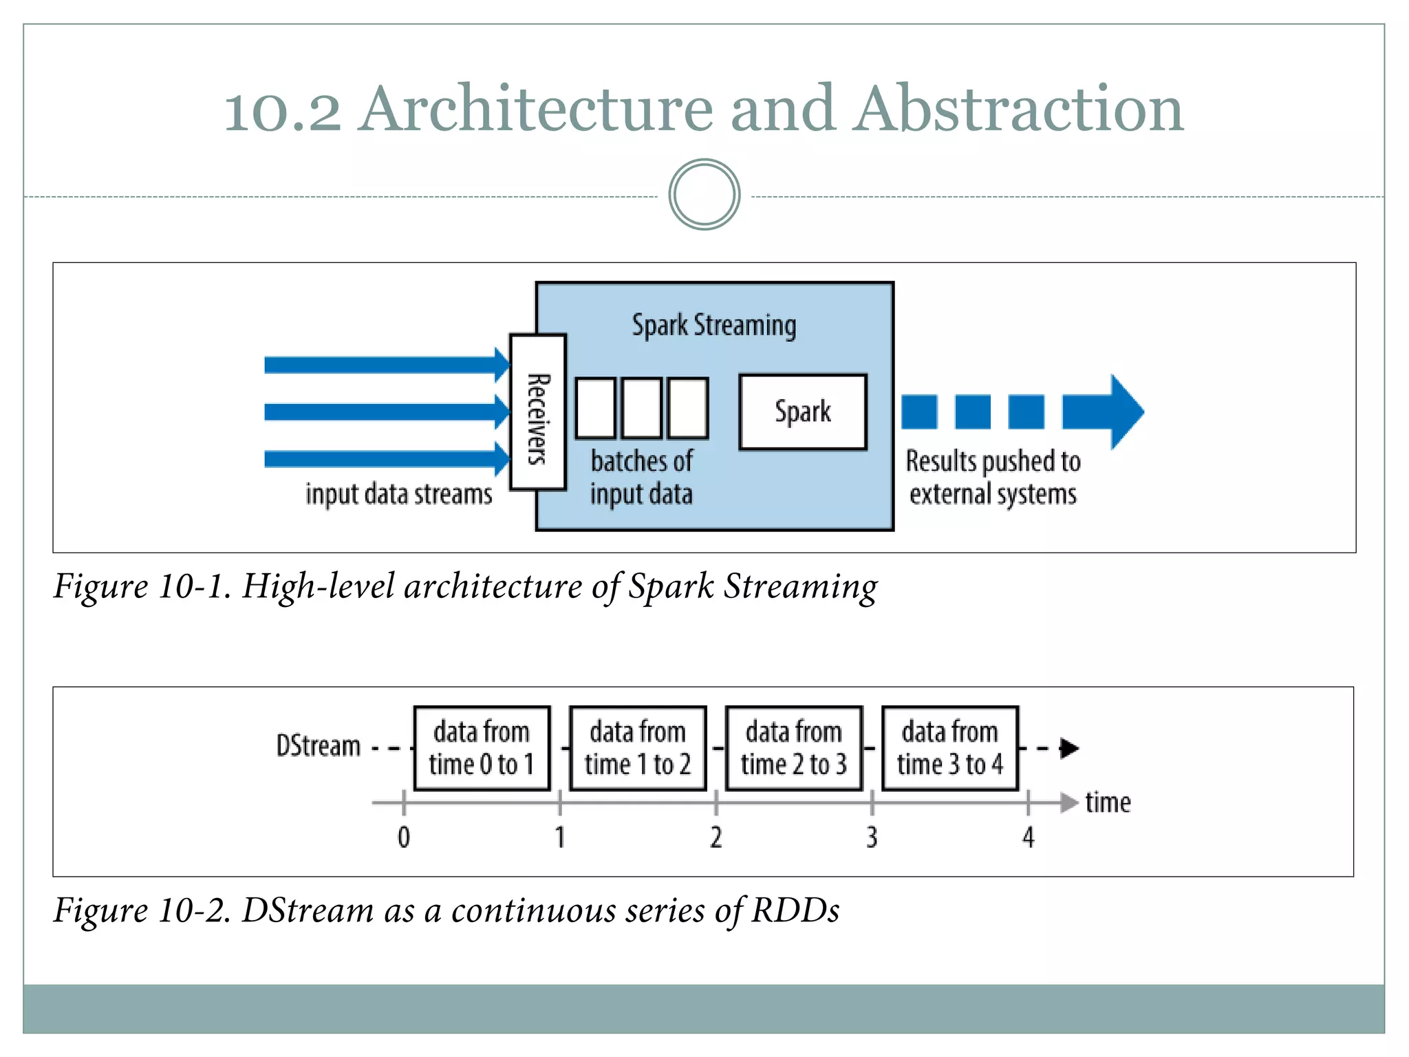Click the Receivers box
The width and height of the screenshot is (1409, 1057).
click(x=538, y=412)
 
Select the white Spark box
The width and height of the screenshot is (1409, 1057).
click(x=802, y=412)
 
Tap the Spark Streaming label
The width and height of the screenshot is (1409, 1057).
click(x=713, y=325)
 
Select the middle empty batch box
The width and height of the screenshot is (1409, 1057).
click(x=641, y=408)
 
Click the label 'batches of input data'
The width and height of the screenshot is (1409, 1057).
click(x=641, y=478)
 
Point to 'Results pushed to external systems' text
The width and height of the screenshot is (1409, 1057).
click(x=993, y=478)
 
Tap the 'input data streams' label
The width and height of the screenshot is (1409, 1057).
click(x=399, y=494)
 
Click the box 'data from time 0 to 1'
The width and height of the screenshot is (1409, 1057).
click(x=482, y=748)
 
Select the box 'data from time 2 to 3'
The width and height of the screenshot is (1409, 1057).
click(x=794, y=748)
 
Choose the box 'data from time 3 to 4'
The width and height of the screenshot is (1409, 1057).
click(x=949, y=748)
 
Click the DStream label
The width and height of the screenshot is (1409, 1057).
click(x=318, y=746)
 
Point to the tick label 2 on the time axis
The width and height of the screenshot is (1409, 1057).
click(x=716, y=837)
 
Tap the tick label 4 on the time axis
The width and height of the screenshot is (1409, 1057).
click(x=1028, y=837)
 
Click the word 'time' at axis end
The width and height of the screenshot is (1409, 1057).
click(x=1108, y=802)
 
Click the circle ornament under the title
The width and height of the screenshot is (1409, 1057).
click(x=704, y=195)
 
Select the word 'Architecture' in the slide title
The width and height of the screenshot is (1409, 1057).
click(x=537, y=109)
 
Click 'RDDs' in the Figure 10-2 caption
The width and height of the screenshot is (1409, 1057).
click(x=795, y=910)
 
